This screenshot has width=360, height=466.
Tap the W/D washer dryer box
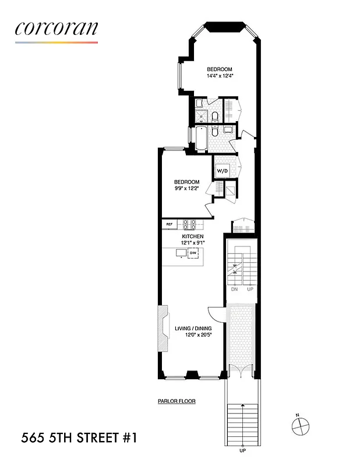click(223, 171)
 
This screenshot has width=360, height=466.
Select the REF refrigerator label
click(170, 224)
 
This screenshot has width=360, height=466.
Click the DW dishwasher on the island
click(192, 253)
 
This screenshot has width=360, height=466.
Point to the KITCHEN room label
click(192, 236)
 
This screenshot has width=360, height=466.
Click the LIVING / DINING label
click(193, 329)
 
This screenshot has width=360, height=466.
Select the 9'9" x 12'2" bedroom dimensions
click(186, 188)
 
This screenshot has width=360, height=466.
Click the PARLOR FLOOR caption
click(177, 401)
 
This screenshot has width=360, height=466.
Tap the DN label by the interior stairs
click(234, 290)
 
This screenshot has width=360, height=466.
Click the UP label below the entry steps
click(242, 452)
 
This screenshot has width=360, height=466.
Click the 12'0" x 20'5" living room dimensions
click(193, 336)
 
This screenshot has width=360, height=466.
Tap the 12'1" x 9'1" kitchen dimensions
click(192, 242)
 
